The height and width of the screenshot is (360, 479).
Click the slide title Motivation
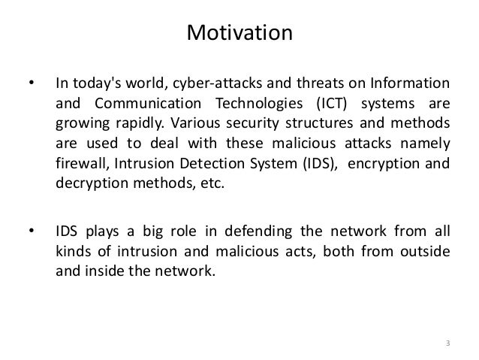pyautogui.click(x=239, y=34)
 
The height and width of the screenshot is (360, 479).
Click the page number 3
pyautogui.click(x=447, y=344)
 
